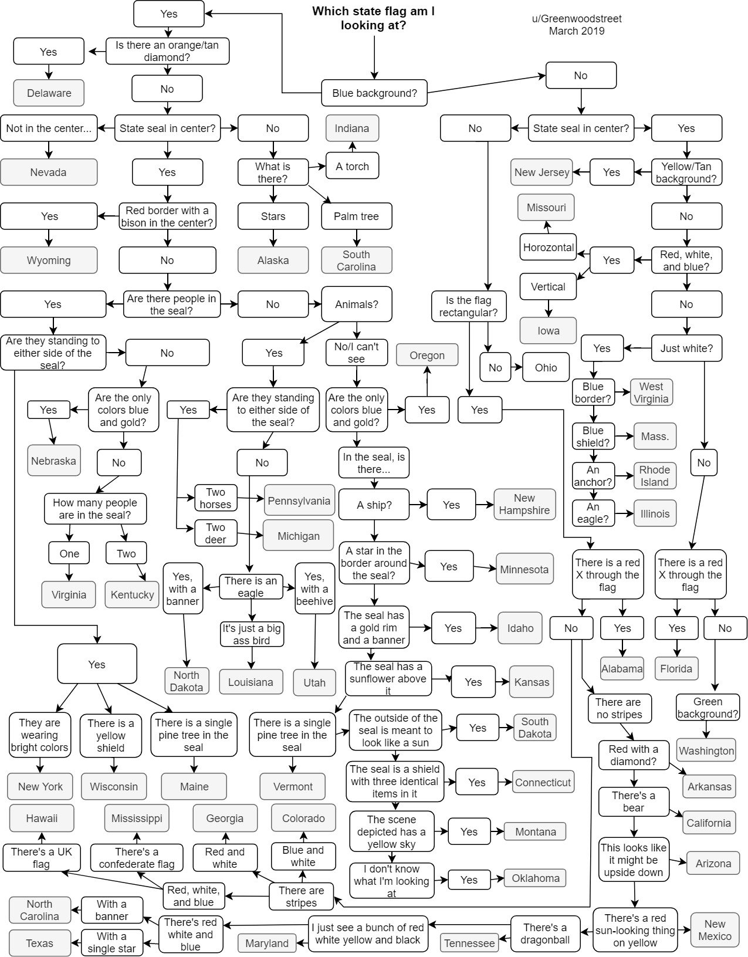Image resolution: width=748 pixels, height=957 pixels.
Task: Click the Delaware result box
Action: pos(49,93)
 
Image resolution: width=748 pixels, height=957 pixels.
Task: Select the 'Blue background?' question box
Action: pos(374,93)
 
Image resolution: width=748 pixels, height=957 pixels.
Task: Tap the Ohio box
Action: pos(546,367)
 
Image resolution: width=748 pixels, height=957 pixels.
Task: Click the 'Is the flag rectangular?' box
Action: pos(468,306)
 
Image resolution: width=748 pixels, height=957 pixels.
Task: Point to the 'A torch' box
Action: pos(352,166)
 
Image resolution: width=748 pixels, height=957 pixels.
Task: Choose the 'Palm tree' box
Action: pos(356,216)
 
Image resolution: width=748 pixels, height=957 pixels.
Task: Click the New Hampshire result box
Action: pos(524,504)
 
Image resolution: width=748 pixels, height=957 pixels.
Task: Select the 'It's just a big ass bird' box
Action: pos(251,634)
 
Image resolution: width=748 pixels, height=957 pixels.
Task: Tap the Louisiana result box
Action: pos(251,682)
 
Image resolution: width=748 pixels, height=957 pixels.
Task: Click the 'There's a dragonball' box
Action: pos(545,934)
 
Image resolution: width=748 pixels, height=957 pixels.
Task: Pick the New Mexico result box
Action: pos(715,929)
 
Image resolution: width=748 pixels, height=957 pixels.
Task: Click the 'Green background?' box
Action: pos(708,708)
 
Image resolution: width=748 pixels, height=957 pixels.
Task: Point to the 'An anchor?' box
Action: pos(593,476)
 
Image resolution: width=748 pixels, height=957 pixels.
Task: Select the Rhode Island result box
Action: pos(654,476)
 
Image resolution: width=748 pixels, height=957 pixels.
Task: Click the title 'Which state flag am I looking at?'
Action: pos(373,18)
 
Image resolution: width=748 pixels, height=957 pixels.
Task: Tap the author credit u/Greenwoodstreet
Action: pos(577,18)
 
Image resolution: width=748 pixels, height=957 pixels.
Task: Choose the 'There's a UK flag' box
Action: pos(41,857)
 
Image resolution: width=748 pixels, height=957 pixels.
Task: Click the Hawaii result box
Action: pos(42,818)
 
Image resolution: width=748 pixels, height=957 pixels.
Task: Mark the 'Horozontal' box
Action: pos(549,247)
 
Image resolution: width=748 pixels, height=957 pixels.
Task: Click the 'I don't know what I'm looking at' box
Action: pos(391,881)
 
